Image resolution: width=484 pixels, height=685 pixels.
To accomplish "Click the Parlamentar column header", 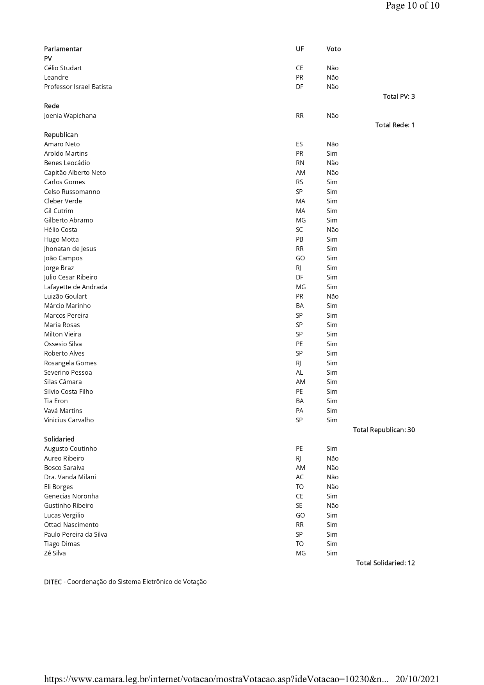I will tap(63, 49).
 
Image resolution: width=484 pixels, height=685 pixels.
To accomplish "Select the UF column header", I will tap(299, 49).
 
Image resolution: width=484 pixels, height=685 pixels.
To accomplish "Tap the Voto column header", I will tap(333, 49).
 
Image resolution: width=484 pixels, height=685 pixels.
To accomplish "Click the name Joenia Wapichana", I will tap(70, 116).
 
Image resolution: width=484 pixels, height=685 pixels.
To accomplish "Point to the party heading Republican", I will tap(61, 135).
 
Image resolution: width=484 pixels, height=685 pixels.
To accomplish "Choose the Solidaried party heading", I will tap(59, 439).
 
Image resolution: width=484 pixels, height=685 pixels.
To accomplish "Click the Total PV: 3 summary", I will tap(399, 96).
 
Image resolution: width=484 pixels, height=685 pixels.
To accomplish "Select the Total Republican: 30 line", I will tap(384, 430).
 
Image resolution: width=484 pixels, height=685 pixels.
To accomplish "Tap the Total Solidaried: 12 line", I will tap(385, 563).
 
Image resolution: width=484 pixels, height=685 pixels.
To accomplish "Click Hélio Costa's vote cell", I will tap(332, 230).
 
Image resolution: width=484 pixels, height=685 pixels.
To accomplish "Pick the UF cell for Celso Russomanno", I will tap(299, 192).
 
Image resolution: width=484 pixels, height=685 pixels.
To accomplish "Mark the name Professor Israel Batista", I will tap(78, 87).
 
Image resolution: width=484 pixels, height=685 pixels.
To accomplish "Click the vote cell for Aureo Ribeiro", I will tap(332, 458).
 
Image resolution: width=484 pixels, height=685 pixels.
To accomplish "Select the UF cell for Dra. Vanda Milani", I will tap(299, 477).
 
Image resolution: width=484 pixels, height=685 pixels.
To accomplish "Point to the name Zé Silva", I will tap(55, 553).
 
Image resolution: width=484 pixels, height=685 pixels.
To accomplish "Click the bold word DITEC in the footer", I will tap(53, 582).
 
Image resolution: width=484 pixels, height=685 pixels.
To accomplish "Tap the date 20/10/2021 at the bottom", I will tap(417, 679).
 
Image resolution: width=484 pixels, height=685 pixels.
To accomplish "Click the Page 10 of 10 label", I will tap(412, 5).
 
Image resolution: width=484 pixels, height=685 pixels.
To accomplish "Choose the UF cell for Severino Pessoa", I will tap(299, 372).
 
